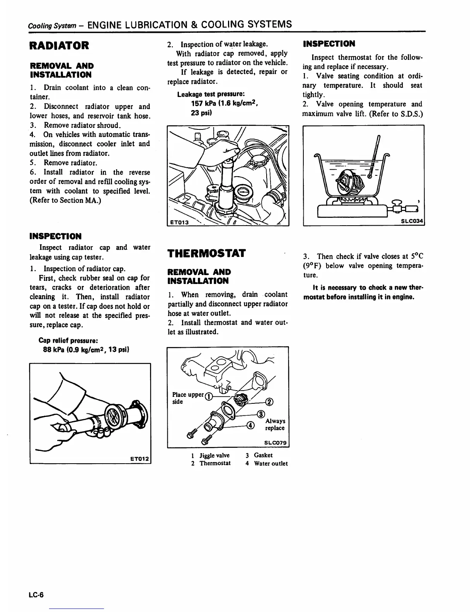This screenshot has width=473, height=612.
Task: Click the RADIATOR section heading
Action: click(x=59, y=45)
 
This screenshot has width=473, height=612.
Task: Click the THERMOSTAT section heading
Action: click(x=206, y=253)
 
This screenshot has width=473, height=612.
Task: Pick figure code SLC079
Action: click(x=275, y=443)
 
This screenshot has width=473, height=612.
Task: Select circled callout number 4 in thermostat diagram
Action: click(x=251, y=426)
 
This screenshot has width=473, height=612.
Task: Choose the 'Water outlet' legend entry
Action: click(x=271, y=463)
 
